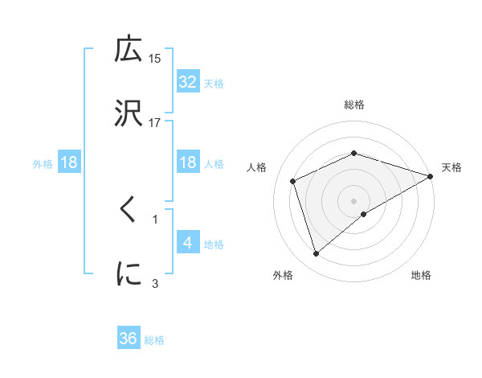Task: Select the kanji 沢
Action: point(129,111)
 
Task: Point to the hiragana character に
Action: point(129,273)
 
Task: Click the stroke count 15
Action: point(155,58)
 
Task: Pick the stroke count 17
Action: point(155,122)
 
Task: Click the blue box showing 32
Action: point(188,81)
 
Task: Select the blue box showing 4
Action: point(188,242)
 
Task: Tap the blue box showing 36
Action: point(129,339)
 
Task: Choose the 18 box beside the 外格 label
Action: point(69,162)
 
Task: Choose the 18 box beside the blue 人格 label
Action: point(188,162)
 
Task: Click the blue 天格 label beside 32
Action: point(214,83)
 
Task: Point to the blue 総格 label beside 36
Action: point(154,340)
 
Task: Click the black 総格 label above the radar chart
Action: point(354,105)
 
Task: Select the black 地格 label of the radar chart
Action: point(421,276)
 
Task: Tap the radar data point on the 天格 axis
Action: point(431,175)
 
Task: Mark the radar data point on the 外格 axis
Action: point(316,254)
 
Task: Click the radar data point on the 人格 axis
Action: point(293,181)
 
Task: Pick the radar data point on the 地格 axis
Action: point(364,214)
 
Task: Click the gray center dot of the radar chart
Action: point(354,200)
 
